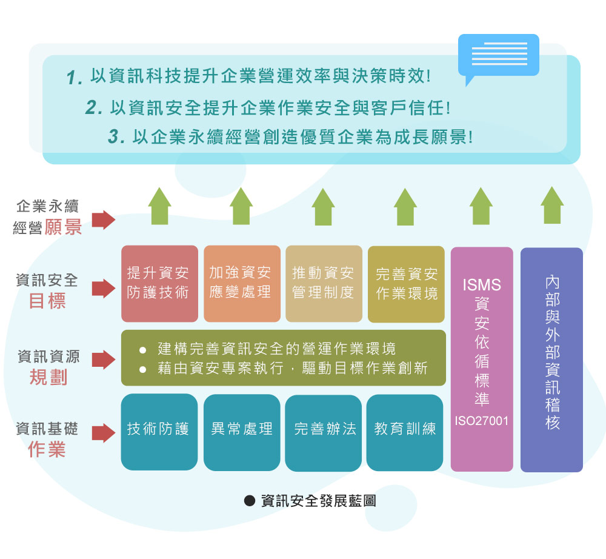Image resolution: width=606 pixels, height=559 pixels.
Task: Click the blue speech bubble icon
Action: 498,56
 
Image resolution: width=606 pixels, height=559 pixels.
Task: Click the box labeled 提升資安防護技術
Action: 159,283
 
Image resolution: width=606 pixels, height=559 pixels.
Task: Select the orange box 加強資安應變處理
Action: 242,283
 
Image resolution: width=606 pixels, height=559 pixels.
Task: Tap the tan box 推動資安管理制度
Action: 324,283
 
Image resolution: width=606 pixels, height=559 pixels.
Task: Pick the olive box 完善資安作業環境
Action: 406,284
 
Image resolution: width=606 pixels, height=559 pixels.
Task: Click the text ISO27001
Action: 482,420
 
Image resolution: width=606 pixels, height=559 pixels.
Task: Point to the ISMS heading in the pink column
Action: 482,284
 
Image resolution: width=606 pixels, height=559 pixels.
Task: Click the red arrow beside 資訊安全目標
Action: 104,289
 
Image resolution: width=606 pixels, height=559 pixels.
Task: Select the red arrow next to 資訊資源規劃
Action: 104,360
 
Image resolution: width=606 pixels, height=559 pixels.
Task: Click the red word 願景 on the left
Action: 63,227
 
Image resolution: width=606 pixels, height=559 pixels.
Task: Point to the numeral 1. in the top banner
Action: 75,78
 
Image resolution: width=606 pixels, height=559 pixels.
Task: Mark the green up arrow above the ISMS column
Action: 481,206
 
